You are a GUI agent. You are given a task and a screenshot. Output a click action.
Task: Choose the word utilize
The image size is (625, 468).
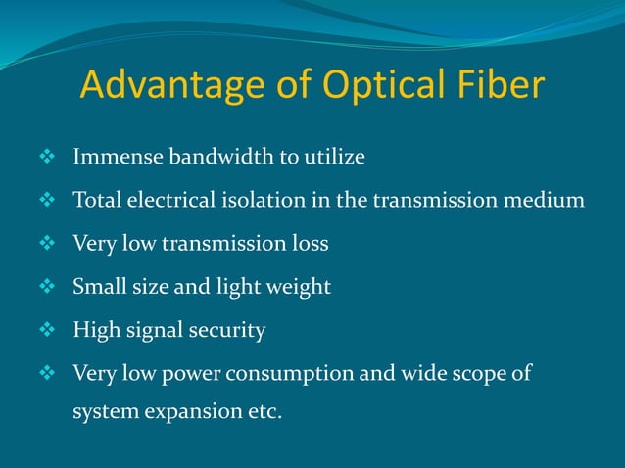point(334,157)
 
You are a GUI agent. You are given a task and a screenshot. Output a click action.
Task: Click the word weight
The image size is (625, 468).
point(297,288)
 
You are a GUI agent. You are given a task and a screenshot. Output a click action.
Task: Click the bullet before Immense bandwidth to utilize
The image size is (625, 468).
point(45,157)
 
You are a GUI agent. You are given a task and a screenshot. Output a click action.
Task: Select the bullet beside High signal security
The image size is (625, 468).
point(45,331)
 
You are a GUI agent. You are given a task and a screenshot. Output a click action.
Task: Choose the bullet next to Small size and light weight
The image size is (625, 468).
point(45,287)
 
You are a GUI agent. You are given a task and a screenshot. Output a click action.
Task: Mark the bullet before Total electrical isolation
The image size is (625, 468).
point(45,201)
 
